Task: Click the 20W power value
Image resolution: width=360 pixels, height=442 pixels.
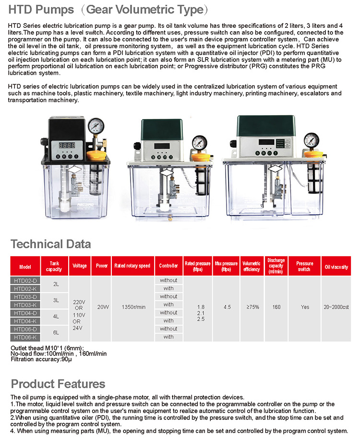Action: [102, 307]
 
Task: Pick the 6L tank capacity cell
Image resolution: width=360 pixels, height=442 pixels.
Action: [56, 333]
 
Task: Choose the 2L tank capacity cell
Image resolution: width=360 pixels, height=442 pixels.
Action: [56, 284]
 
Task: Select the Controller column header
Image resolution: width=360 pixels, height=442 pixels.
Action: [168, 266]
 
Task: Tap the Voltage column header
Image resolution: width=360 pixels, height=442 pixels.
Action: [80, 266]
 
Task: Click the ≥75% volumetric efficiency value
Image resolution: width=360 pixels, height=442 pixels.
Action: [251, 307]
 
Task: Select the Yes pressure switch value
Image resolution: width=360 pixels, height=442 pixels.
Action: [305, 307]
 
